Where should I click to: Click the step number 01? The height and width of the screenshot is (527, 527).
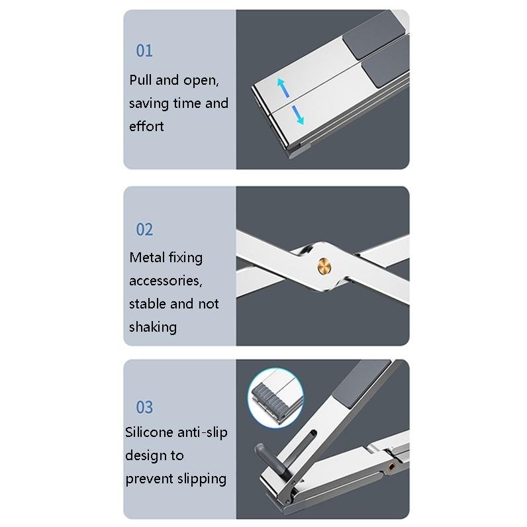144,51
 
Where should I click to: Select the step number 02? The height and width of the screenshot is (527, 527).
144,230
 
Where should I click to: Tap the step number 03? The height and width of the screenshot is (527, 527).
144,407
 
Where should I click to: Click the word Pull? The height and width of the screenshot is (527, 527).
141,81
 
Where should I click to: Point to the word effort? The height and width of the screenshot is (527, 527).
146,126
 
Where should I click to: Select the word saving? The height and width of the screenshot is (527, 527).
148,104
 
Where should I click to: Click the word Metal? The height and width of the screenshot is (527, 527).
146,258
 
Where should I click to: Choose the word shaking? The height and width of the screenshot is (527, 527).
153,326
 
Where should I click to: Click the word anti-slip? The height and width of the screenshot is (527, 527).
204,432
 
